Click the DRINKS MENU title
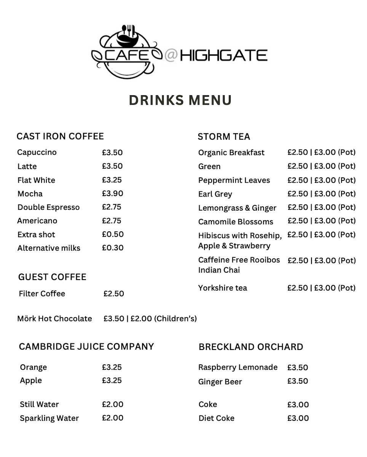point(180,100)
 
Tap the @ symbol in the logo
point(171,55)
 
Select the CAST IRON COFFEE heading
point(60,136)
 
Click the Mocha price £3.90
point(112,193)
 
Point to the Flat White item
point(36,180)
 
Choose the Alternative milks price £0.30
point(113,248)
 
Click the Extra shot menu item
point(36,235)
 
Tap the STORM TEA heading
point(224,137)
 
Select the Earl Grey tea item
point(215,194)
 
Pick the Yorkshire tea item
point(223,288)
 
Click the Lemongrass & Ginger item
point(237,208)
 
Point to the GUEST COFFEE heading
point(52,277)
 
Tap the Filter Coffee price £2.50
point(114,294)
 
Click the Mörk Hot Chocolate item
point(54,318)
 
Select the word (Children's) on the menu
point(176,318)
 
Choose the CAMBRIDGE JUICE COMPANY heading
point(86,347)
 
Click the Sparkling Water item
point(49,418)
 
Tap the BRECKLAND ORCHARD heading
point(251,347)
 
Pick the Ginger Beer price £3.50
point(298,381)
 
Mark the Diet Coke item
point(217,418)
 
